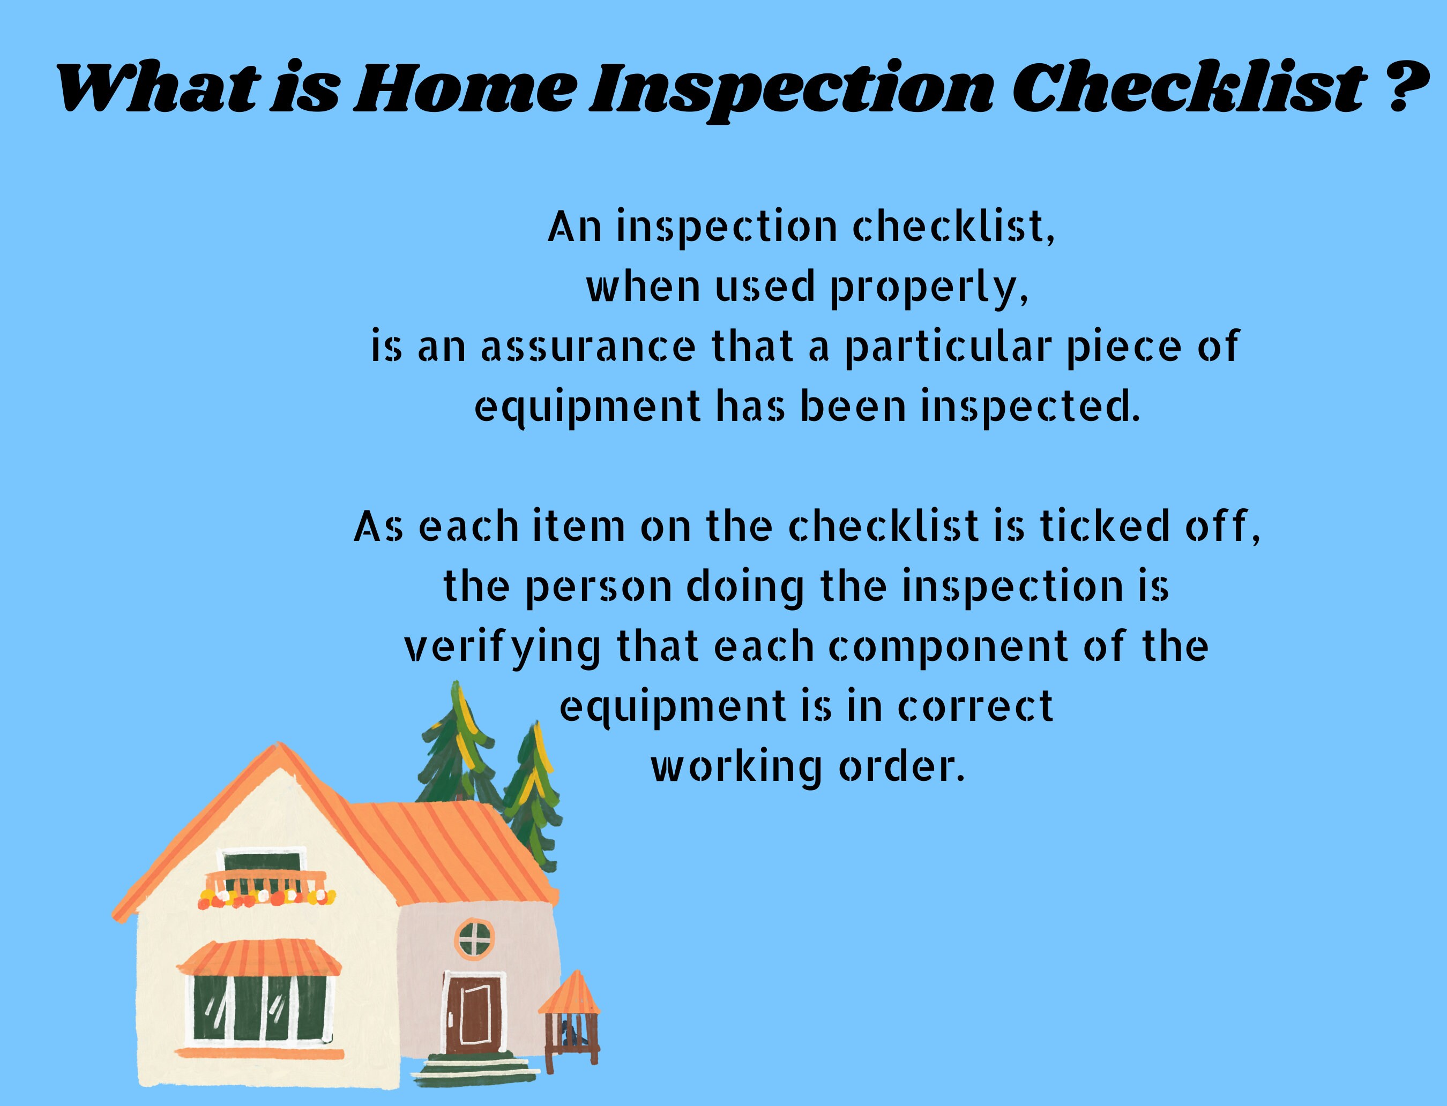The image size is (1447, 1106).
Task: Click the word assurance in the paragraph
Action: (x=587, y=347)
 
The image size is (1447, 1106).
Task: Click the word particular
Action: (x=946, y=347)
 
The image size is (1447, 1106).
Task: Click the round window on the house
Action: (x=475, y=938)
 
